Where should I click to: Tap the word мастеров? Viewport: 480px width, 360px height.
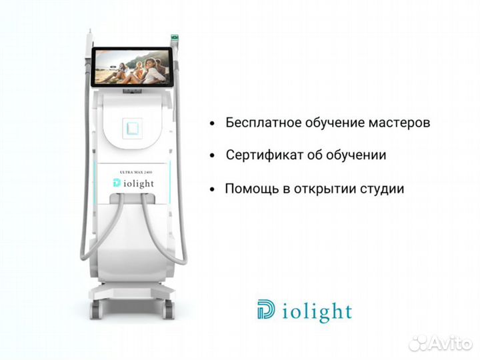coord(400,123)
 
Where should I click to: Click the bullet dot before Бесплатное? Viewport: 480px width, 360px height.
coord(212,124)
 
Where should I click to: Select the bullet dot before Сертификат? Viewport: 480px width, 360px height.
coord(212,156)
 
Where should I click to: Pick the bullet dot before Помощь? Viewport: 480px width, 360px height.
coord(212,189)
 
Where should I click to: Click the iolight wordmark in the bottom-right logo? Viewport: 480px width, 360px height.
coord(315,311)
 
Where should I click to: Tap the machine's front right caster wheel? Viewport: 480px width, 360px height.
coord(169,307)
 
